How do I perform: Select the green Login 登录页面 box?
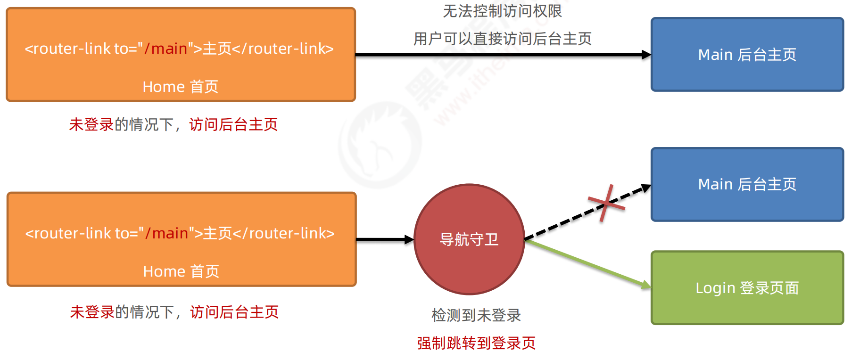click(747, 306)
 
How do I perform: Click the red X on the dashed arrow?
click(607, 203)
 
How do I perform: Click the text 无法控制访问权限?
click(502, 11)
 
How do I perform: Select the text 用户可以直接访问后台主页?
click(502, 39)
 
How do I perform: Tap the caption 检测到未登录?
click(476, 315)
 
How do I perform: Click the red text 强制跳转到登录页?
click(476, 343)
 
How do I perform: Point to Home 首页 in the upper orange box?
click(181, 87)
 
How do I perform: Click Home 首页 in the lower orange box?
click(181, 271)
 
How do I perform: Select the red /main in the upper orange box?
click(165, 49)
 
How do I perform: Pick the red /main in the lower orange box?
click(166, 233)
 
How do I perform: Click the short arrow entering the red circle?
click(384, 240)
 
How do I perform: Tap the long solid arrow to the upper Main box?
click(502, 55)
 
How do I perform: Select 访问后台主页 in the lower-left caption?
click(234, 312)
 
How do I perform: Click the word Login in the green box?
click(715, 288)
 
